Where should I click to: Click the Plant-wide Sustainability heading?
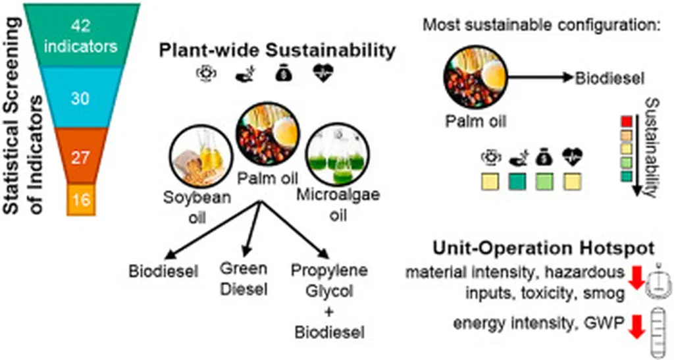276,50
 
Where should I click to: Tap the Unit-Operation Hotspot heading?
543,249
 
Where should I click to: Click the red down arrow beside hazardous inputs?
637,277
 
